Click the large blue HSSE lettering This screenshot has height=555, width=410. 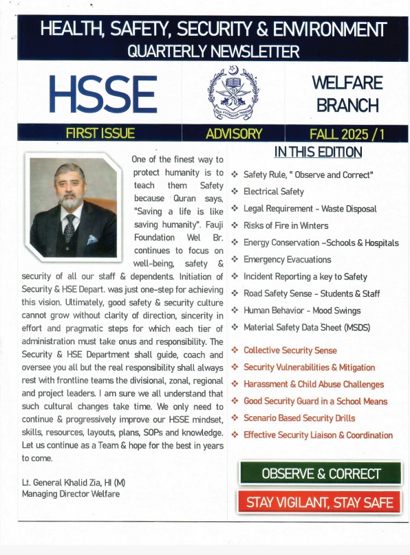[x=103, y=93]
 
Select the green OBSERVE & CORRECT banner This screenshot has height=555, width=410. [x=321, y=473]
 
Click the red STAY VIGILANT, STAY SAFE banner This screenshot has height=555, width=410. [x=321, y=502]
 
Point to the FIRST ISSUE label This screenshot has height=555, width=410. [x=100, y=133]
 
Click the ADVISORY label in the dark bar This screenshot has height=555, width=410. [x=234, y=133]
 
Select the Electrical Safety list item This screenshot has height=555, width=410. [x=274, y=192]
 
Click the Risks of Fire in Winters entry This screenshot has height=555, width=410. [x=286, y=225]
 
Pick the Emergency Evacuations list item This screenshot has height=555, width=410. [x=288, y=260]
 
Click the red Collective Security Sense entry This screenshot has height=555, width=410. [x=290, y=350]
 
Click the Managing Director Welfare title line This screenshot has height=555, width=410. [x=71, y=494]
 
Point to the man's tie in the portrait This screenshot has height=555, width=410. [x=69, y=227]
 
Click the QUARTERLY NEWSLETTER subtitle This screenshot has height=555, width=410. [x=213, y=51]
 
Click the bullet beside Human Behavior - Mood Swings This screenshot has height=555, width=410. [x=235, y=310]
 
